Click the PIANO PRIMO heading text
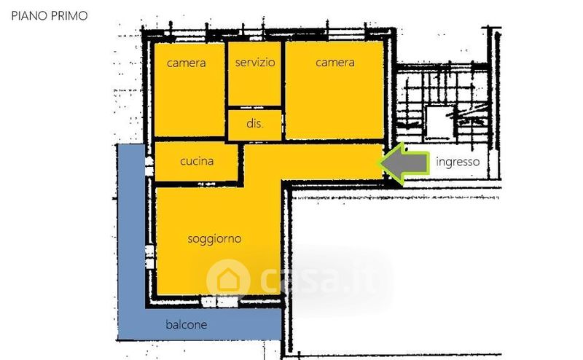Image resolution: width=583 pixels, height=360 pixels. [x=50, y=15]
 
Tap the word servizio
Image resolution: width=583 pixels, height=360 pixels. [x=255, y=62]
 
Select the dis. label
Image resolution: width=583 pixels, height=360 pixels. [x=254, y=123]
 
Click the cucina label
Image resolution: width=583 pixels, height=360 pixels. [x=197, y=161]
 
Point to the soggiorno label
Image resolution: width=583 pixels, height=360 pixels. [x=214, y=239]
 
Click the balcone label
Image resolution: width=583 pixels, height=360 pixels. [x=187, y=325]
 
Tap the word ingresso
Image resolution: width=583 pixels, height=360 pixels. [x=458, y=163]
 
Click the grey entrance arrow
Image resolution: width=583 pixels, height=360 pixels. [x=404, y=163]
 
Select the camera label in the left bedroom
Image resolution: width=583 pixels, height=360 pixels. [x=187, y=63]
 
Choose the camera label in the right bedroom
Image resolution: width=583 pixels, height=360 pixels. [x=335, y=62]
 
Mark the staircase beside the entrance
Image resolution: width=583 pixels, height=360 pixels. [x=442, y=104]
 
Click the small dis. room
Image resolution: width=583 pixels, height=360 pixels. [x=254, y=125]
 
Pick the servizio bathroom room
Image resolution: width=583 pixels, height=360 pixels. [x=254, y=74]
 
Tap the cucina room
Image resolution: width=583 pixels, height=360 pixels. [x=196, y=162]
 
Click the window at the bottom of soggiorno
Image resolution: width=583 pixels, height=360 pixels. [x=220, y=301]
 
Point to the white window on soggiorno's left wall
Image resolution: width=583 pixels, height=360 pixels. [x=149, y=257]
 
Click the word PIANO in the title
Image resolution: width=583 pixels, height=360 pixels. [x=29, y=15]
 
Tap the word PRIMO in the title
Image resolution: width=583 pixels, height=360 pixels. [x=69, y=15]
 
